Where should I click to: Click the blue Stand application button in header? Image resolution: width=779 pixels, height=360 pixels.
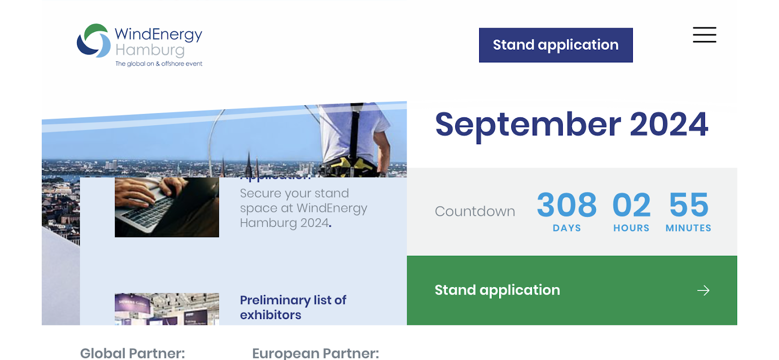(556, 45)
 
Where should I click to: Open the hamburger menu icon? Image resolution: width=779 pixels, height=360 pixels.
(704, 35)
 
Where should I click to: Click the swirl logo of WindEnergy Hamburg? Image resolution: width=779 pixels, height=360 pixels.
(93, 40)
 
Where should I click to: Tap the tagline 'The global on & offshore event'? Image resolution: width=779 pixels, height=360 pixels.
(159, 64)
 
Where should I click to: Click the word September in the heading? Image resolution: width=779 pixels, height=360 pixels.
(528, 125)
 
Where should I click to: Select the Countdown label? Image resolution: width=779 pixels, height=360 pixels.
(475, 211)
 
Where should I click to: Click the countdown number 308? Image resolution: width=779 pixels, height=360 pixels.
(567, 205)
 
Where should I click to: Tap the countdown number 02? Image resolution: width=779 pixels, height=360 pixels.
(631, 205)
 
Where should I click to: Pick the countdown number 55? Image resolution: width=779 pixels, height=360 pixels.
(688, 205)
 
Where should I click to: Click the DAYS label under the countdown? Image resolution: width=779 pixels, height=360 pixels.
(567, 228)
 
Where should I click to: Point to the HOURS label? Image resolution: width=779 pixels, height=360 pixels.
(631, 228)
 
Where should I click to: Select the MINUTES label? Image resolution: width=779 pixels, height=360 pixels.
(688, 228)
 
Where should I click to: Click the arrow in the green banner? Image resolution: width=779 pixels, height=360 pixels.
(703, 291)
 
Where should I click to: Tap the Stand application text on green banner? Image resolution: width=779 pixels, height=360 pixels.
(497, 290)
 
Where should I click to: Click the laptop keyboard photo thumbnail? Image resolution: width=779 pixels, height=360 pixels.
(167, 207)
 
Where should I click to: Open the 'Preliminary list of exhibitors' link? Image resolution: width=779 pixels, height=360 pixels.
(293, 307)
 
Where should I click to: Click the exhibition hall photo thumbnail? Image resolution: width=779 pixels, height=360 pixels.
(167, 309)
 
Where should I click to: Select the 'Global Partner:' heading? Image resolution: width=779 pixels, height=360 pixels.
(132, 353)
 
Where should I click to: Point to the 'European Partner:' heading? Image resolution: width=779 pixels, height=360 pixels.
(315, 353)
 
